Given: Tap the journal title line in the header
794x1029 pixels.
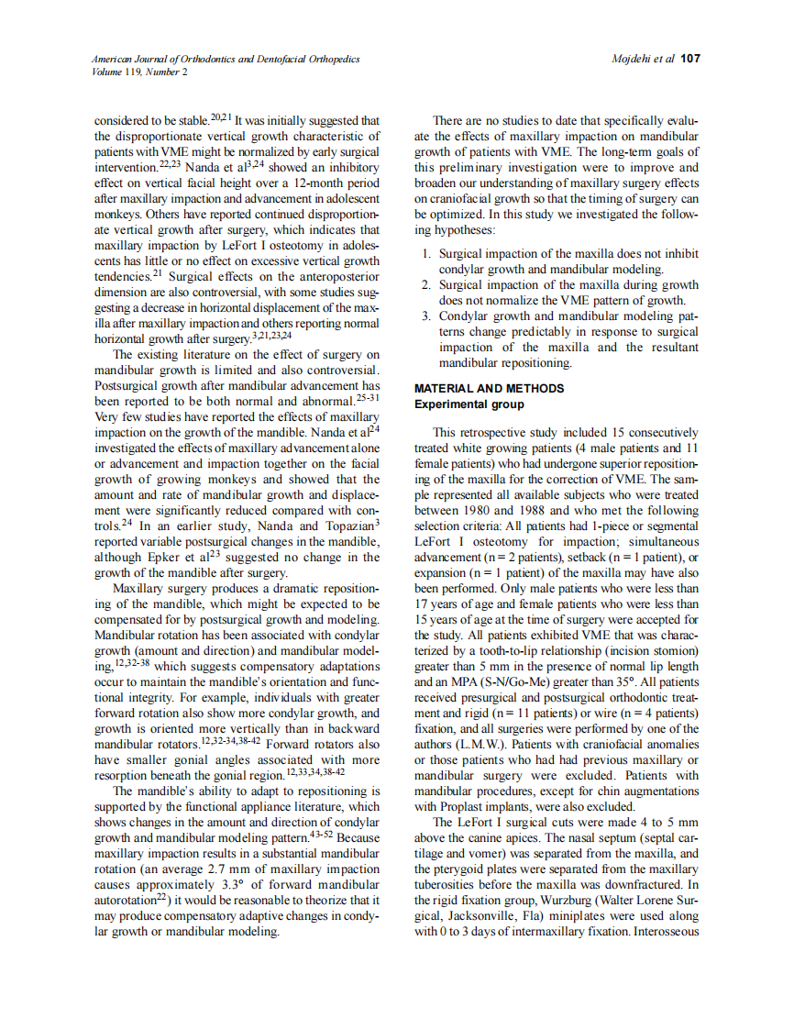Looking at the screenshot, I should pos(225,59).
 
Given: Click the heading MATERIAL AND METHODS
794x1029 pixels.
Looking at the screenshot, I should pos(489,389).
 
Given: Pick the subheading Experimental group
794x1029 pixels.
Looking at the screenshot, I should pos(469,404).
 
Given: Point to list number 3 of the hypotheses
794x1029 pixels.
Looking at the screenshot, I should pos(425,316).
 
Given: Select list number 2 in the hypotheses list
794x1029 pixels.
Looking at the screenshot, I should pos(425,285).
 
